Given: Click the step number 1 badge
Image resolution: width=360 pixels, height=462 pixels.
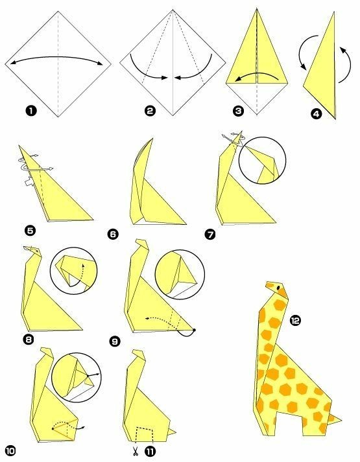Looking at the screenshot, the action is coord(31,111).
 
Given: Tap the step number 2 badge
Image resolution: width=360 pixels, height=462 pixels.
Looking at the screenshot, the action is coord(150,111).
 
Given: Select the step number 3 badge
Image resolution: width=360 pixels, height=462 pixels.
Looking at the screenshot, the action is coord(238,111).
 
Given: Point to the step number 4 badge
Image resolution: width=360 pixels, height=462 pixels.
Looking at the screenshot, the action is coord(317,114).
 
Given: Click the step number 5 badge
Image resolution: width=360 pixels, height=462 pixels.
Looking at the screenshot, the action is coord(30,231).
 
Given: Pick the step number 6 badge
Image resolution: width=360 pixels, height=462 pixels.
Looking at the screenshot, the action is coord(114,235).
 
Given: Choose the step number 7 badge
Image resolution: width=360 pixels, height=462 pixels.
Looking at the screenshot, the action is coord(210,235).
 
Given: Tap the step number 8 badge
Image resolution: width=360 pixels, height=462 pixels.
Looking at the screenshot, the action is coord(28,340).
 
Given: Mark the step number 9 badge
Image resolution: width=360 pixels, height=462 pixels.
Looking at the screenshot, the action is coord(115,341).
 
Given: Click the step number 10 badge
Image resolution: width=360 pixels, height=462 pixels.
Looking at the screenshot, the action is coord(10,451).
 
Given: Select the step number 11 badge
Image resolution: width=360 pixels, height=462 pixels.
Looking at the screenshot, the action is coord(150,452).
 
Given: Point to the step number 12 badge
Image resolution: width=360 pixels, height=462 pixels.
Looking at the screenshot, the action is coord(295,320).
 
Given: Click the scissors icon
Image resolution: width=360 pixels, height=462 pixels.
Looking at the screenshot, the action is coord(136,451).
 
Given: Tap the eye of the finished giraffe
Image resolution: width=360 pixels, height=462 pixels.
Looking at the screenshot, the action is coord(278,287).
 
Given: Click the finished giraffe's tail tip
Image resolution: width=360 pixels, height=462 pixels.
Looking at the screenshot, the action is coord(341,420).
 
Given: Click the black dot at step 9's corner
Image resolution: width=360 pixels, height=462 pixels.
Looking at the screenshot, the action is coord(194,330).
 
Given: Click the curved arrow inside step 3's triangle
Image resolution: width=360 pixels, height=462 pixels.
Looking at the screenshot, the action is coord(256,73).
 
